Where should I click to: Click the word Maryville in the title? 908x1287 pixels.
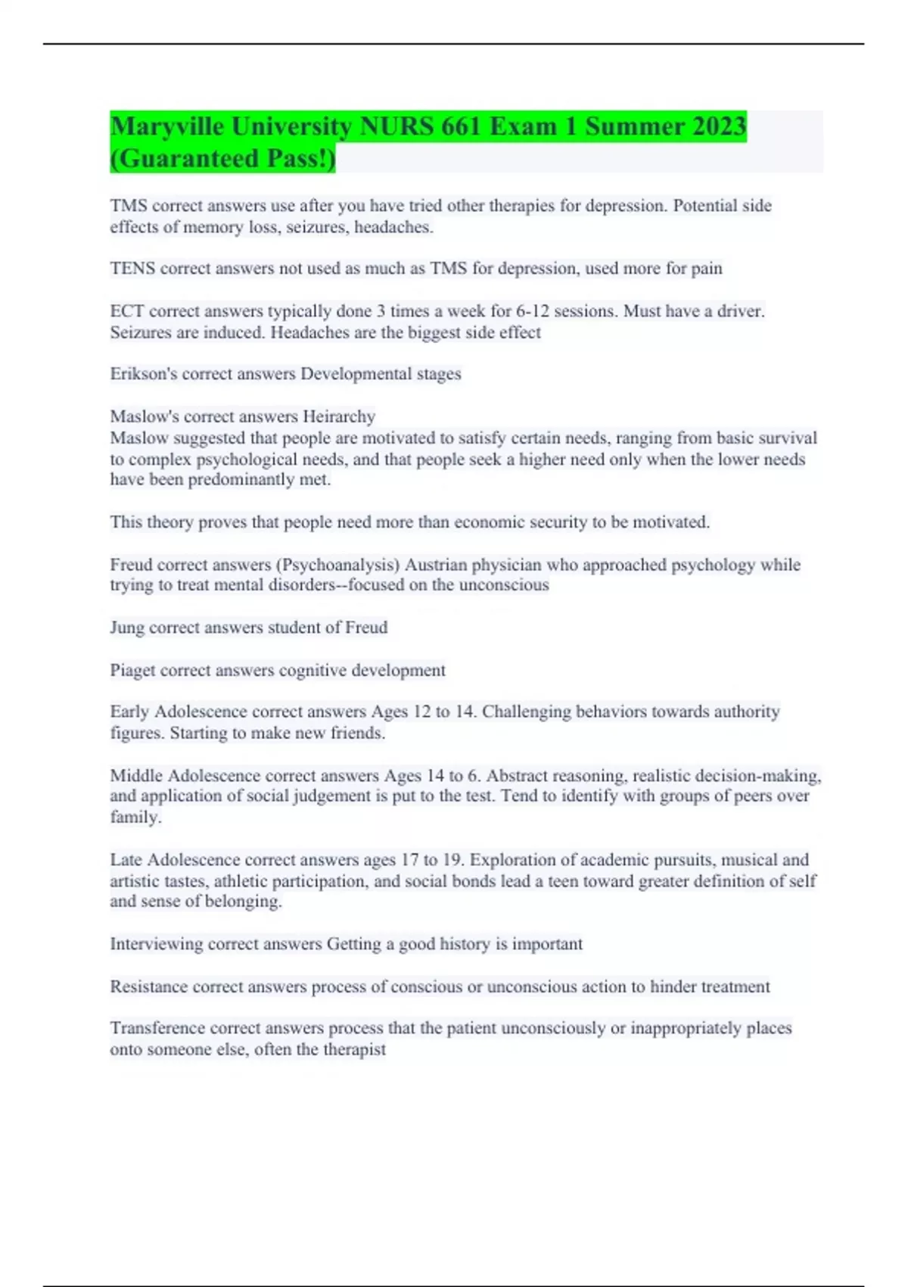pyautogui.click(x=167, y=126)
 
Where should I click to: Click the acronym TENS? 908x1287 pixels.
pyautogui.click(x=132, y=269)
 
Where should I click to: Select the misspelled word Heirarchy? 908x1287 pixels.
pyautogui.click(x=339, y=416)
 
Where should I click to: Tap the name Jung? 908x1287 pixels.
pyautogui.click(x=127, y=628)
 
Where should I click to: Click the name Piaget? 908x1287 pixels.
pyautogui.click(x=132, y=670)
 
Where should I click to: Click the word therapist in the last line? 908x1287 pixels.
pyautogui.click(x=354, y=1049)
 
